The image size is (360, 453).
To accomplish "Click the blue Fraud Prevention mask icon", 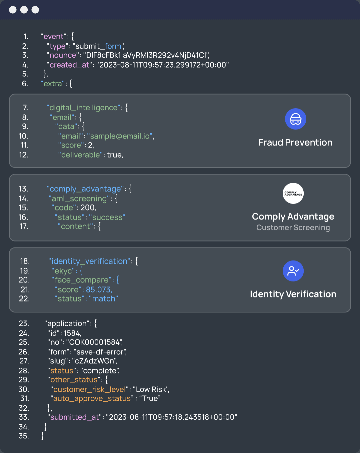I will [x=295, y=119].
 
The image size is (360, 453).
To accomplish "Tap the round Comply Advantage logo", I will [x=293, y=193].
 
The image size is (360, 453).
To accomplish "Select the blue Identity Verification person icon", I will [x=293, y=271].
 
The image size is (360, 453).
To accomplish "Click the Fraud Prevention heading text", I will [x=295, y=143].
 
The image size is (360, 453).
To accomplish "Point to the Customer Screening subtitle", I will [x=293, y=227].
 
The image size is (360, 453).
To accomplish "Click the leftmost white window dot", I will [x=13, y=10].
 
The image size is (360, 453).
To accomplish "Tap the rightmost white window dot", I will [x=35, y=10].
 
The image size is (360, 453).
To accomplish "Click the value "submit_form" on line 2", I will [x=98, y=46].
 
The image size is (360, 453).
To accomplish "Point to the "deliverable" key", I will [x=80, y=155].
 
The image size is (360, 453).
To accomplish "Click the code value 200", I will [x=88, y=208].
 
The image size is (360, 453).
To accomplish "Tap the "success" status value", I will [x=107, y=217].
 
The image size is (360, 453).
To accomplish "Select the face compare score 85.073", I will [x=98, y=289].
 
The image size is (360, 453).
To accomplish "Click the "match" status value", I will [x=103, y=299].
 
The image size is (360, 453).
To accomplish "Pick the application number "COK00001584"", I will [x=94, y=342].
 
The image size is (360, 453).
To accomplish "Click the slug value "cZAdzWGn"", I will [x=94, y=361].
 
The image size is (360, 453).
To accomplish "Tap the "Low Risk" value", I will [x=151, y=389].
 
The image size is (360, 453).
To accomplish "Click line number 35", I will [x=24, y=436].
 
